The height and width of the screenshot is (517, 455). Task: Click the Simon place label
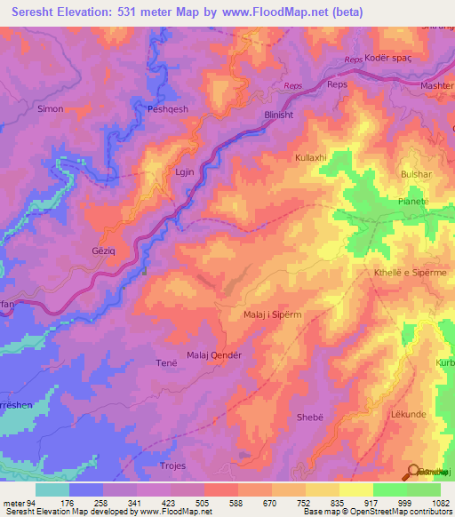pos(50,108)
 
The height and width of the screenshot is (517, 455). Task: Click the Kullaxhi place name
pos(311,157)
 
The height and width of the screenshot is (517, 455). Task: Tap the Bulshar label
pos(416,175)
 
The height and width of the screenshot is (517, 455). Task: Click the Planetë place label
pos(415,202)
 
